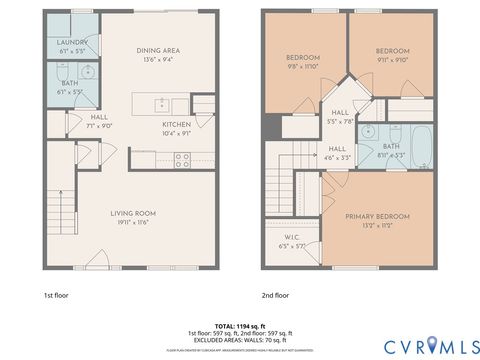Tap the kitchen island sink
(x=159, y=104)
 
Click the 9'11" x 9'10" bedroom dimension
(x=393, y=59)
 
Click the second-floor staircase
(x=283, y=180)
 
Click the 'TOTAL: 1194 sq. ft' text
(x=239, y=326)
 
